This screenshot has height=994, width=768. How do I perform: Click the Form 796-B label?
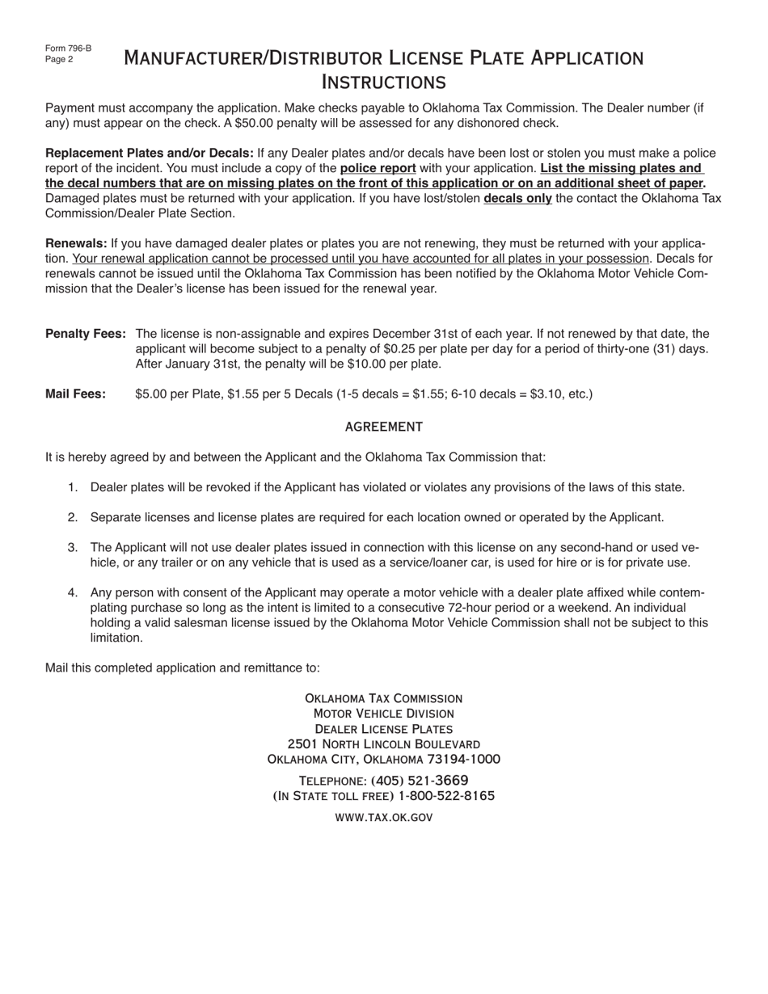[x=68, y=48]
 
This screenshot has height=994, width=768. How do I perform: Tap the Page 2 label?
[x=59, y=59]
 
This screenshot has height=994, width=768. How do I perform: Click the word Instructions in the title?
[x=383, y=82]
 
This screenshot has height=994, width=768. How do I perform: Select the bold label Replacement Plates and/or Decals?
[x=150, y=153]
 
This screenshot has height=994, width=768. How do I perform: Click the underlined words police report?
[x=378, y=168]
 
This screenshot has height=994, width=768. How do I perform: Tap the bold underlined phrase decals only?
[x=517, y=198]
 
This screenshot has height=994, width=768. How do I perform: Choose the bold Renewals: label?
[x=76, y=243]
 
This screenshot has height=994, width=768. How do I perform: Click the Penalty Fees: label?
[x=85, y=334]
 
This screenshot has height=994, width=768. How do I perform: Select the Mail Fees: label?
[x=75, y=394]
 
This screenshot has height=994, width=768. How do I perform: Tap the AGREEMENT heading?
[x=383, y=426]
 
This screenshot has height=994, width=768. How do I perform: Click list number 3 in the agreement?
[x=72, y=548]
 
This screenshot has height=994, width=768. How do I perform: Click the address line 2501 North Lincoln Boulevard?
[x=383, y=743]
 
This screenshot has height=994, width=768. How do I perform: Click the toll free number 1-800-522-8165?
[x=446, y=796]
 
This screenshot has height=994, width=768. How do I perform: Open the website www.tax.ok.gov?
[x=383, y=817]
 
